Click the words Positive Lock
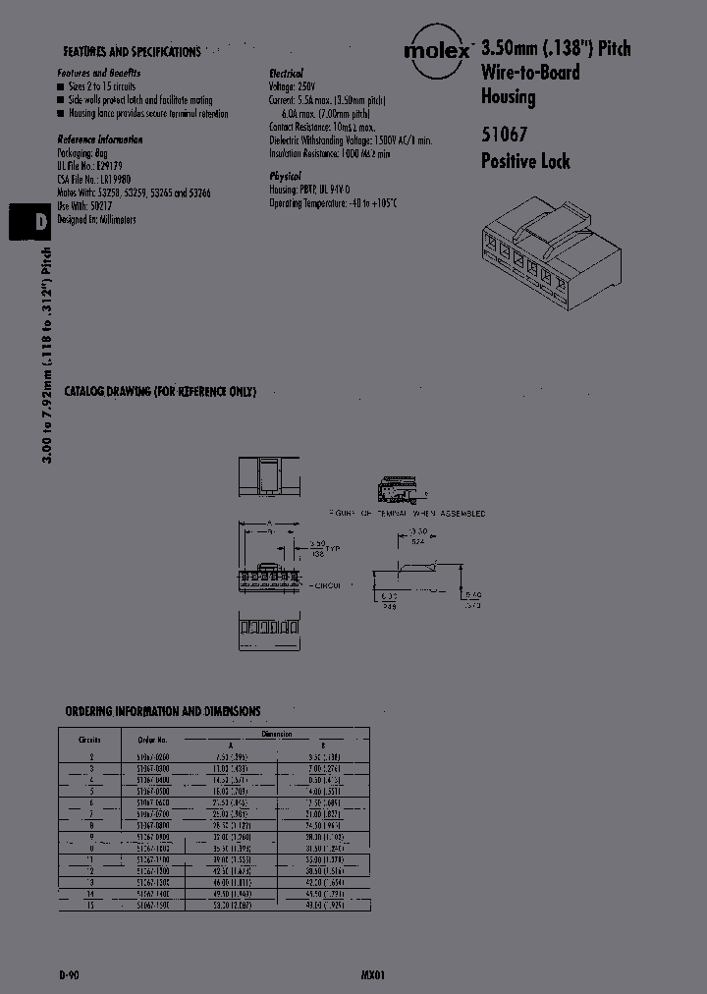(x=524, y=161)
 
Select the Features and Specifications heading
(x=132, y=52)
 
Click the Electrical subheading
(x=287, y=74)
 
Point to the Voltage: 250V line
(x=296, y=86)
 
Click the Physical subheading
(x=286, y=175)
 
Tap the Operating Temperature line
(x=333, y=202)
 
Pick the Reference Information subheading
(x=99, y=139)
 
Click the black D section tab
(x=28, y=222)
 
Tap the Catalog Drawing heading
(x=160, y=391)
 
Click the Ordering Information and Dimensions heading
(x=163, y=710)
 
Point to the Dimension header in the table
(x=277, y=734)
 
